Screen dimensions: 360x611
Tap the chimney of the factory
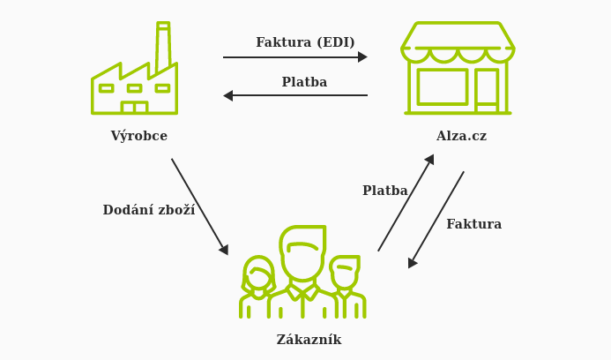click(x=163, y=49)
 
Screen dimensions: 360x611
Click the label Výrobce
click(x=138, y=137)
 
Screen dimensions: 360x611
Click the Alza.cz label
click(x=461, y=137)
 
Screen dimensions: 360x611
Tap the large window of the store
click(x=443, y=86)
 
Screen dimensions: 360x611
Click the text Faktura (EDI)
click(x=305, y=42)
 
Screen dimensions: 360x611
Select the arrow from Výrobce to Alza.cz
click(x=294, y=57)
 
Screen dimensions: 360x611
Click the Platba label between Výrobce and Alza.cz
click(x=304, y=82)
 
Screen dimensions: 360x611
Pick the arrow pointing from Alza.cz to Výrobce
click(x=294, y=95)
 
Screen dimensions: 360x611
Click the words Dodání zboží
click(x=148, y=210)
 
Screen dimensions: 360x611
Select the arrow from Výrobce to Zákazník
click(x=199, y=206)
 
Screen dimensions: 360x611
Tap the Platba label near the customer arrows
click(x=384, y=191)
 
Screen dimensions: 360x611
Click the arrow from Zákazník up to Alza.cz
click(x=406, y=203)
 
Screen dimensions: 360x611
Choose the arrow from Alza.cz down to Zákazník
click(x=436, y=219)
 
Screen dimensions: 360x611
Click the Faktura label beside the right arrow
click(x=473, y=224)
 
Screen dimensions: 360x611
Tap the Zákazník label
click(x=309, y=340)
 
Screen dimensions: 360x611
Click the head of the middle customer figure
click(x=302, y=251)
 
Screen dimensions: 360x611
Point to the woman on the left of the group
click(x=257, y=287)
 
